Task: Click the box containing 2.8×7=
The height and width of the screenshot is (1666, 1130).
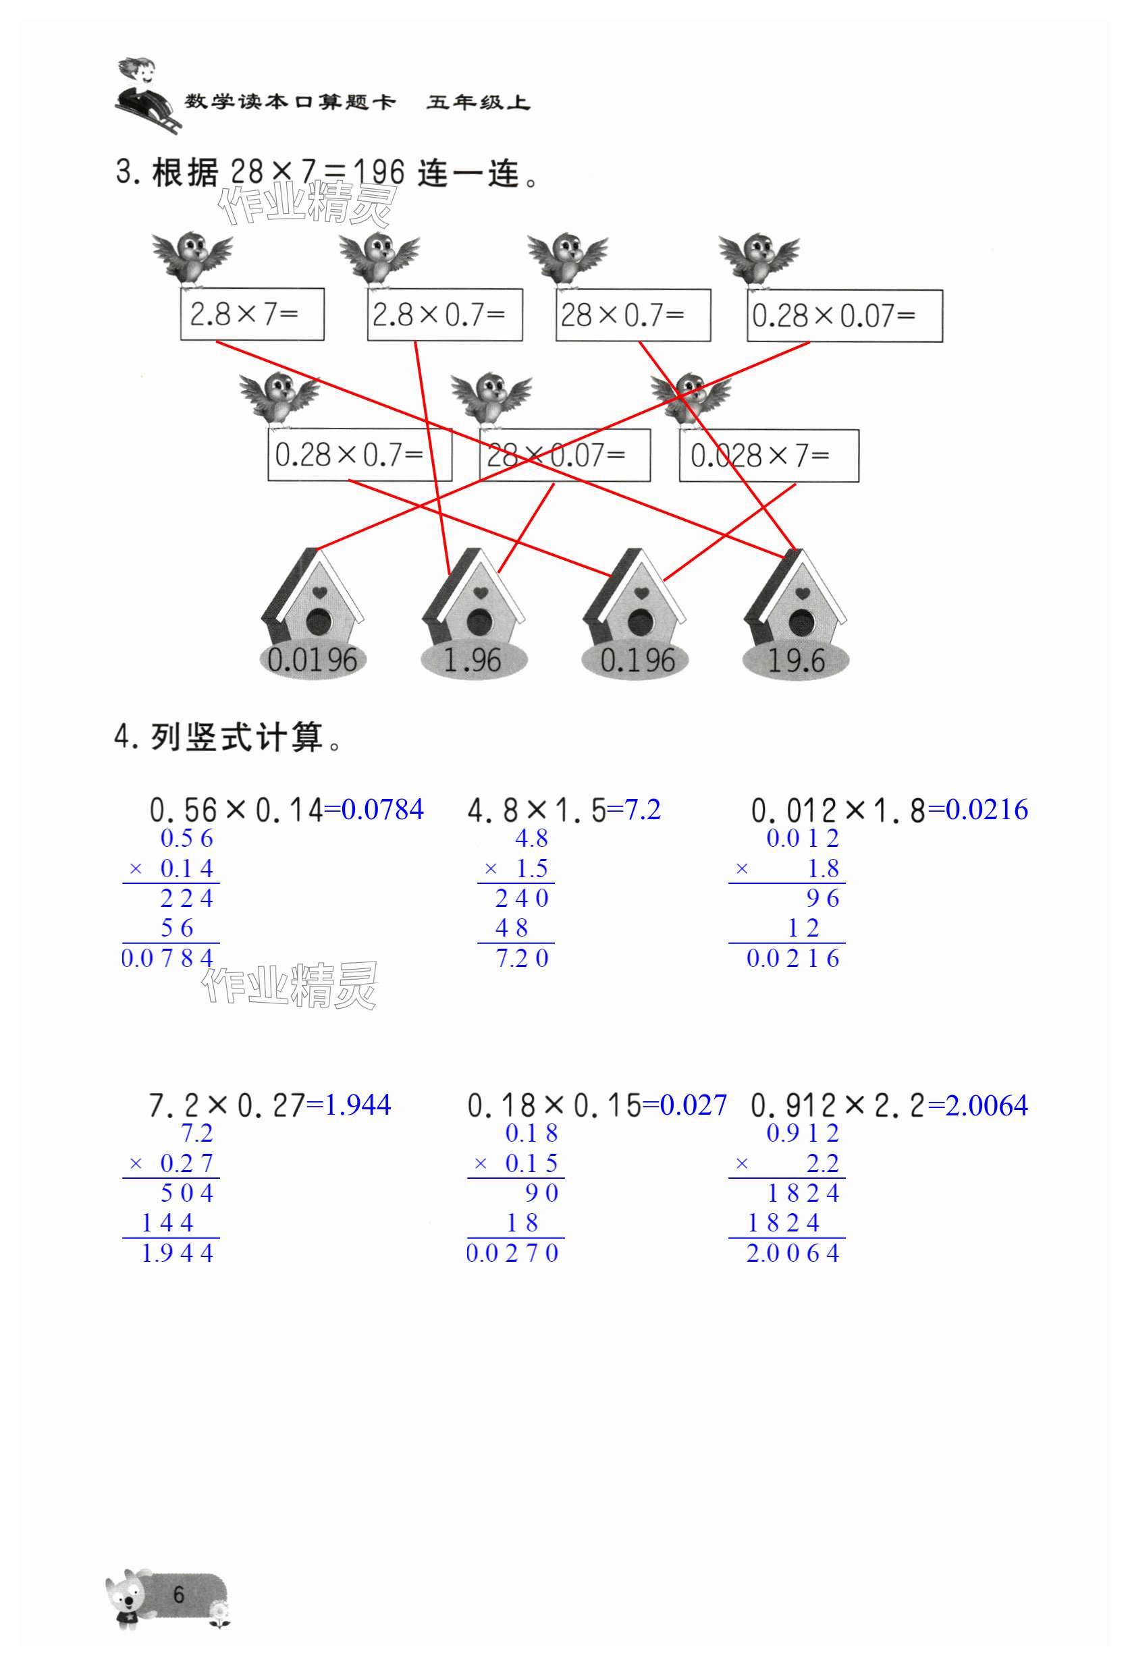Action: tap(252, 314)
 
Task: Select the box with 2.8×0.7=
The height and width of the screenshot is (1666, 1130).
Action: tap(445, 314)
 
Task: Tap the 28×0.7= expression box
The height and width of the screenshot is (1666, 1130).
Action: tap(633, 314)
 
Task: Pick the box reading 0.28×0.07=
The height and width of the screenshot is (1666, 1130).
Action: tap(844, 315)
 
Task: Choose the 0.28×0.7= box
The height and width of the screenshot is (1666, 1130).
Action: tap(359, 455)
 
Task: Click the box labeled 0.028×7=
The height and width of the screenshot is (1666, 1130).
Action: tap(769, 455)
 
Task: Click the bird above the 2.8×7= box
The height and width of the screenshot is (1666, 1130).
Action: tap(192, 256)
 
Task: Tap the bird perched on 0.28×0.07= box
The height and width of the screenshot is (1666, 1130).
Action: tap(759, 258)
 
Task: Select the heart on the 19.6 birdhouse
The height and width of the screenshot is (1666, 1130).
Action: tap(803, 594)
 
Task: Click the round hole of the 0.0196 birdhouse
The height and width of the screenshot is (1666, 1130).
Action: tap(319, 622)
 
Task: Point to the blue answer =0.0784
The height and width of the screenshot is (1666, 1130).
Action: tap(374, 810)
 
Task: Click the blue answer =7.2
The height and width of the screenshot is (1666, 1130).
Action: tap(634, 810)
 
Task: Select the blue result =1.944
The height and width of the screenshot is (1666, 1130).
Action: tap(349, 1105)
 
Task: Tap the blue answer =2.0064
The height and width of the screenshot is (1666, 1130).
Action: tap(978, 1105)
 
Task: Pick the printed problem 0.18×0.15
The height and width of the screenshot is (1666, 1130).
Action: tap(554, 1106)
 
